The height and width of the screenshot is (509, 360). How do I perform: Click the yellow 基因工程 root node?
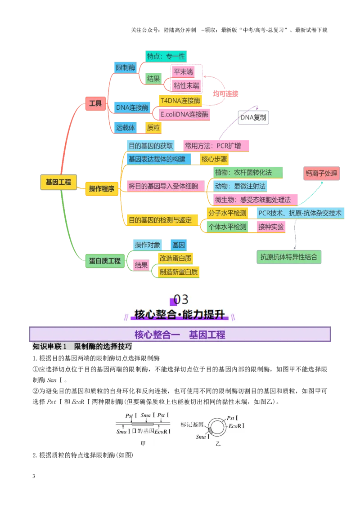click(58, 182)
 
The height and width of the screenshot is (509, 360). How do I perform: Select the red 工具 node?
click(95, 103)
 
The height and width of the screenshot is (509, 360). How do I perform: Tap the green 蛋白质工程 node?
click(105, 261)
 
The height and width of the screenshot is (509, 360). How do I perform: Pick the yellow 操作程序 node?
click(102, 188)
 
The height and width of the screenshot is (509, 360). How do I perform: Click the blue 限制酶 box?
click(126, 67)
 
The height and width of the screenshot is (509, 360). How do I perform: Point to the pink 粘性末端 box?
click(186, 86)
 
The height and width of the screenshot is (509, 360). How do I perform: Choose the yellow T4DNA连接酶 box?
click(180, 101)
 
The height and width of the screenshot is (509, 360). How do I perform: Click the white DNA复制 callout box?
click(253, 117)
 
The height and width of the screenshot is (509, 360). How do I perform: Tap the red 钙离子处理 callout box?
click(321, 174)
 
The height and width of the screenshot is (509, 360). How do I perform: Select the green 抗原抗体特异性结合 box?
click(289, 257)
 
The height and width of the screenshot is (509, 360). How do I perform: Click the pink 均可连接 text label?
click(225, 94)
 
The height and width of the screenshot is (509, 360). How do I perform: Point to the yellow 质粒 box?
click(153, 128)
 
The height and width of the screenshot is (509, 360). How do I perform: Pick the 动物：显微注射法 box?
click(240, 186)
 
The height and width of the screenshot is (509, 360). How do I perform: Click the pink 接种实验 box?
click(271, 227)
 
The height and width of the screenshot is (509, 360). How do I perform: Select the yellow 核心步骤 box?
click(214, 159)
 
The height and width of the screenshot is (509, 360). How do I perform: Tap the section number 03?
click(180, 299)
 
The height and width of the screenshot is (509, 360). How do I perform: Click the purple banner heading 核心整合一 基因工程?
click(180, 335)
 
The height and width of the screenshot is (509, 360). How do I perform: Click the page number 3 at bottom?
click(34, 476)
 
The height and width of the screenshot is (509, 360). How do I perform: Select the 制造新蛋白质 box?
click(179, 272)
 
